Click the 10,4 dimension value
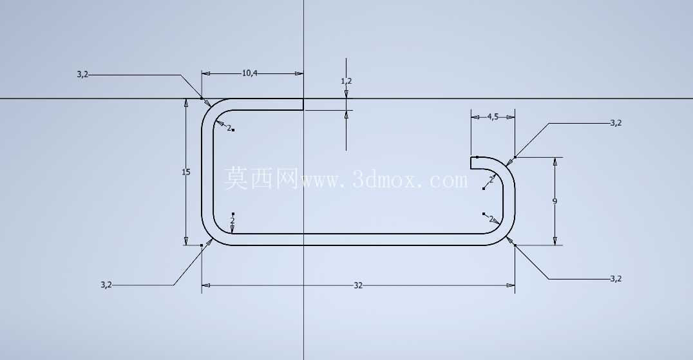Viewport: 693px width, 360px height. click(x=250, y=73)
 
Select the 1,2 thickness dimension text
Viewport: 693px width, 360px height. click(x=346, y=81)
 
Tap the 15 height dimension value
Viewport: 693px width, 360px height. click(x=186, y=172)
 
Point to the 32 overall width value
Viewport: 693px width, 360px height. click(x=358, y=286)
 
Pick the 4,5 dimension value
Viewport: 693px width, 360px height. click(x=493, y=117)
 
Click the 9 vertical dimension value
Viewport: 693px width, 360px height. click(x=555, y=202)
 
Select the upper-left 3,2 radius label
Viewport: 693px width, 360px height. click(x=82, y=75)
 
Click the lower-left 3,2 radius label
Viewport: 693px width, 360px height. click(x=106, y=285)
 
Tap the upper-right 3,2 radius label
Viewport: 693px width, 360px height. click(x=616, y=123)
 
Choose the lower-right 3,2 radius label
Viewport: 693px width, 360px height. click(x=616, y=279)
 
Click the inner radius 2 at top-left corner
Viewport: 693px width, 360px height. click(x=229, y=128)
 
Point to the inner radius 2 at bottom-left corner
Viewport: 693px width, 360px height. click(x=233, y=220)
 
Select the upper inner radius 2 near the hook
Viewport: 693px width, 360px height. click(x=491, y=180)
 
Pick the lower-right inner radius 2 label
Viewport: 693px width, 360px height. click(x=491, y=219)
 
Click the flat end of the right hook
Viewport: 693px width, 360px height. click(x=471, y=162)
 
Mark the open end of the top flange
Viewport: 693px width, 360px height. click(x=303, y=104)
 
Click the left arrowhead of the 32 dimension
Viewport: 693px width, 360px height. click(x=206, y=286)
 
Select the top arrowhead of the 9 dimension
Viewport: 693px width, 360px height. click(x=555, y=161)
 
